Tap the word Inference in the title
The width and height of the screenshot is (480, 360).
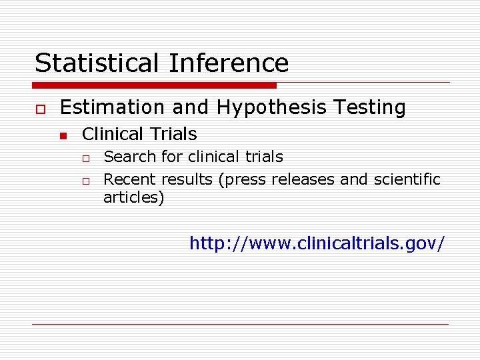pos(229,63)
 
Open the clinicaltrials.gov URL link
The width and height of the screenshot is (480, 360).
pos(317,243)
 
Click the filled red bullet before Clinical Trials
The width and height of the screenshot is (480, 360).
pos(63,136)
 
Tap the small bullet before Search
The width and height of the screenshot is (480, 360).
pos(86,159)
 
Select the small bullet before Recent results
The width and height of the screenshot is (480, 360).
pos(86,181)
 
